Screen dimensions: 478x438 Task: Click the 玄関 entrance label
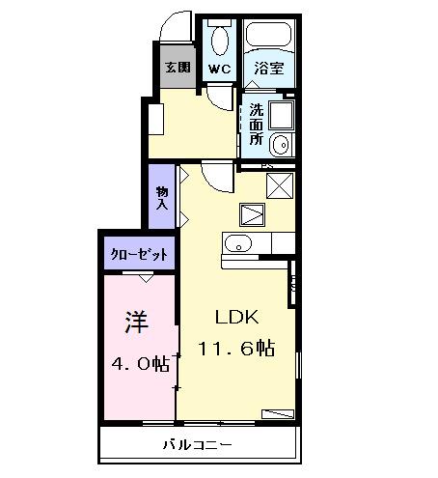click(x=176, y=68)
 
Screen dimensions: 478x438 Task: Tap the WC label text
click(x=219, y=69)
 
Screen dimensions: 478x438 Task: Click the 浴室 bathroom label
click(x=267, y=69)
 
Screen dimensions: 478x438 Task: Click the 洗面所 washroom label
click(x=257, y=124)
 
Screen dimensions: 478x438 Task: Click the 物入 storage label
click(x=162, y=199)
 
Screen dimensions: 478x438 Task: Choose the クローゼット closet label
click(x=141, y=255)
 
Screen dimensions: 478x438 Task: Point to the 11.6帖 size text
click(x=237, y=348)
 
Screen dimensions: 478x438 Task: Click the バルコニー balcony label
click(x=197, y=445)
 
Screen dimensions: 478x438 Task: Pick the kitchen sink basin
click(x=237, y=242)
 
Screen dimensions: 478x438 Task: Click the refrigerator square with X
click(x=280, y=183)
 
